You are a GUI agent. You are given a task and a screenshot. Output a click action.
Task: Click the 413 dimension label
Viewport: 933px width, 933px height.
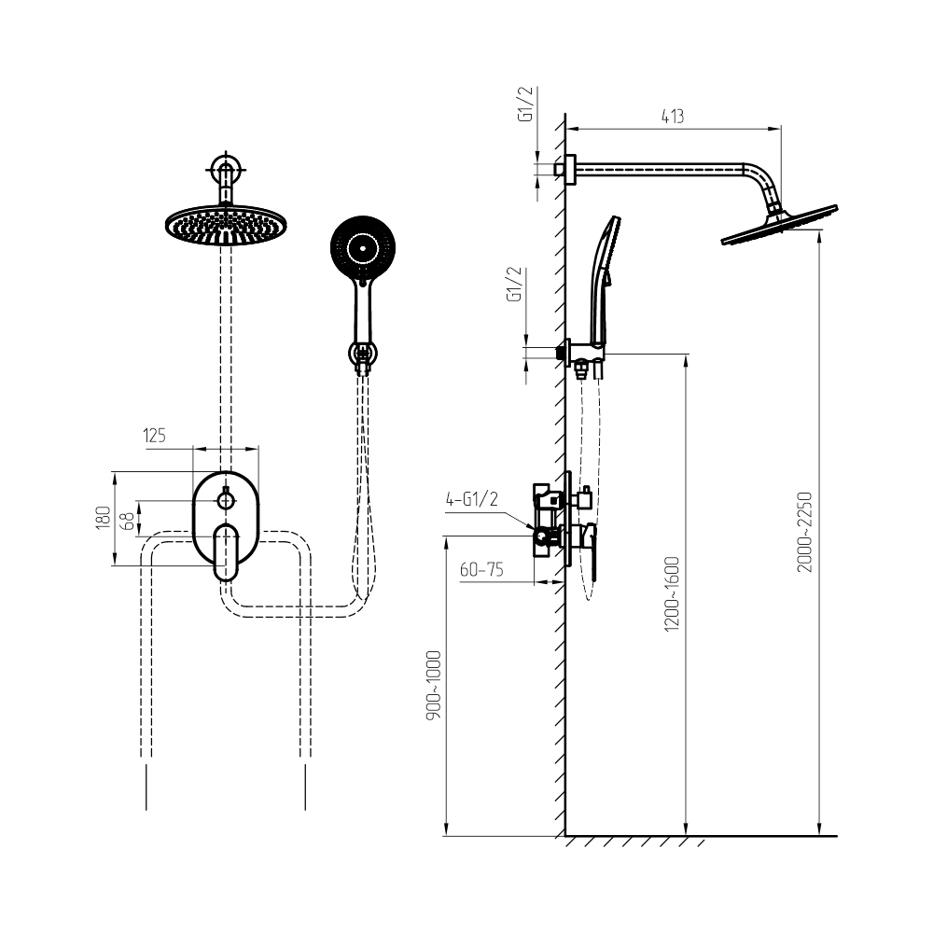coord(673,116)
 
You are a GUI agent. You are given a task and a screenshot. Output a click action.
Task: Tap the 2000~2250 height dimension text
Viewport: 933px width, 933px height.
coord(805,532)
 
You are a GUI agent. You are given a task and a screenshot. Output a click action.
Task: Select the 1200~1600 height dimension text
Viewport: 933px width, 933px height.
coord(672,593)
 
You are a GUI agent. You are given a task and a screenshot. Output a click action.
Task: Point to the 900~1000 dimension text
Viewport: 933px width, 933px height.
coord(434,686)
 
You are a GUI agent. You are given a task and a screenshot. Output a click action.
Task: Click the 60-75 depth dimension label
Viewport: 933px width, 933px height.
coord(481,569)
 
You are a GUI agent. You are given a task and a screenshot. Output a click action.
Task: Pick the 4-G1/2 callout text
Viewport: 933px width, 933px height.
coord(472,498)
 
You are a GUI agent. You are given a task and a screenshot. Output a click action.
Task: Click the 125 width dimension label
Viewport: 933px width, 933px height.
coord(154,436)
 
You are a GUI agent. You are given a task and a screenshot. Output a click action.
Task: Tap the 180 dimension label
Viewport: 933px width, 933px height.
coord(104,518)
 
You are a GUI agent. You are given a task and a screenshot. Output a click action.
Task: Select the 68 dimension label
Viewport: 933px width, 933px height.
coord(127,522)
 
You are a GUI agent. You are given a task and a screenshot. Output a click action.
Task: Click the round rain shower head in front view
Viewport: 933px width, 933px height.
coord(226,225)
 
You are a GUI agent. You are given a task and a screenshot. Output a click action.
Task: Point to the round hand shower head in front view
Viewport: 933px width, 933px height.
coord(363,247)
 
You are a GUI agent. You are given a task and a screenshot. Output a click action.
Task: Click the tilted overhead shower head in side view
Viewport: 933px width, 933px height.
coord(779,224)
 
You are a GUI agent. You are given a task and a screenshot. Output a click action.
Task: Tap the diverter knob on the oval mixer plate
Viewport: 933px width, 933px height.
coord(226,500)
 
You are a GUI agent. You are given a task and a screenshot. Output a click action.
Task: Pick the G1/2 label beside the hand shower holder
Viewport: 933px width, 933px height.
coord(514,284)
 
